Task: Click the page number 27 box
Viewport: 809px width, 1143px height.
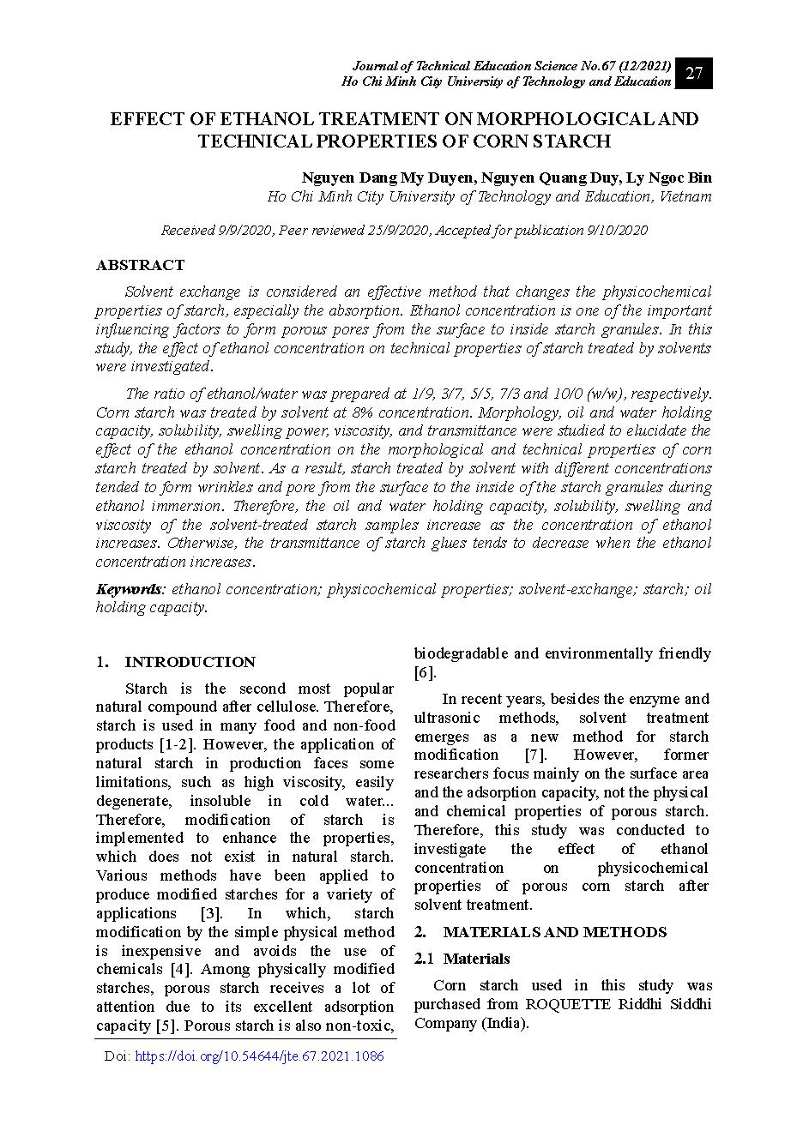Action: pyautogui.click(x=694, y=74)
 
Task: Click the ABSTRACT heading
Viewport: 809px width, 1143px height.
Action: pyautogui.click(x=140, y=265)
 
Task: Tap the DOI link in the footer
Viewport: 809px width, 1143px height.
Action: pyautogui.click(x=259, y=1056)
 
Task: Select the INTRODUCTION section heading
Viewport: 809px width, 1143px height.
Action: pyautogui.click(x=190, y=662)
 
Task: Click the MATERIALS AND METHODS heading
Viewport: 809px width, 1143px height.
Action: pyautogui.click(x=554, y=932)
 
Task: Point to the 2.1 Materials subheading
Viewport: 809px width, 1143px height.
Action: pyautogui.click(x=462, y=959)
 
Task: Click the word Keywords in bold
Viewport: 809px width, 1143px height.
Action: pyautogui.click(x=129, y=589)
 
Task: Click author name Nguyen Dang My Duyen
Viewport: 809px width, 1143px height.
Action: pyautogui.click(x=386, y=177)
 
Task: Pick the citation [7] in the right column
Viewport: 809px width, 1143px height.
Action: pyautogui.click(x=535, y=755)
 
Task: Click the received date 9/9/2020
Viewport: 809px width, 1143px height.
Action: pyautogui.click(x=247, y=230)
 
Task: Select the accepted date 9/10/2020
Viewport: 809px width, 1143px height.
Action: pyautogui.click(x=617, y=230)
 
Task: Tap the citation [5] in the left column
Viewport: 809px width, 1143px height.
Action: pyautogui.click(x=166, y=1026)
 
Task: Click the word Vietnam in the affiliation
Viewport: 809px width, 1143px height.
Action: pyautogui.click(x=685, y=196)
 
